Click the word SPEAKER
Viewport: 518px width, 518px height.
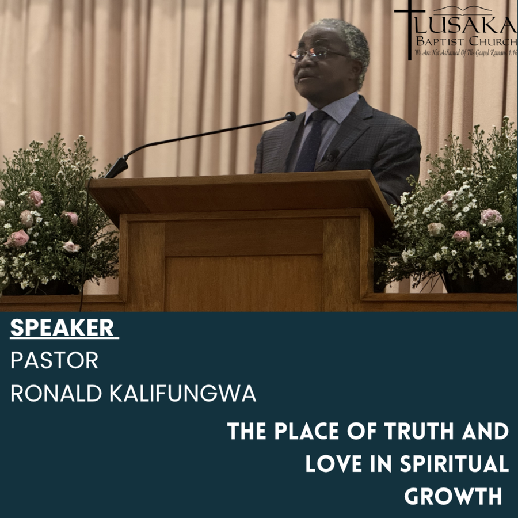62,327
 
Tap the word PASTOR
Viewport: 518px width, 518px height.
55,360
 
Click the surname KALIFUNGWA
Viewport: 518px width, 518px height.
182,393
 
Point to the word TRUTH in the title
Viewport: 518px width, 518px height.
419,432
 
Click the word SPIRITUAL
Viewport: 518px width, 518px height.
454,464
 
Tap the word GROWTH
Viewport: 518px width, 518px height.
453,496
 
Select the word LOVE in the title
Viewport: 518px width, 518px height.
333,464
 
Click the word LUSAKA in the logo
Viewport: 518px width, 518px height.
466,25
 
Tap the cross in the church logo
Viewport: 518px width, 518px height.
410,30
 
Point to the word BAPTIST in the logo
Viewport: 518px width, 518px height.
440,41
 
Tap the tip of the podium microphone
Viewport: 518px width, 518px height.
291,116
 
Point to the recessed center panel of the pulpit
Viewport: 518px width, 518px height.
243,283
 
